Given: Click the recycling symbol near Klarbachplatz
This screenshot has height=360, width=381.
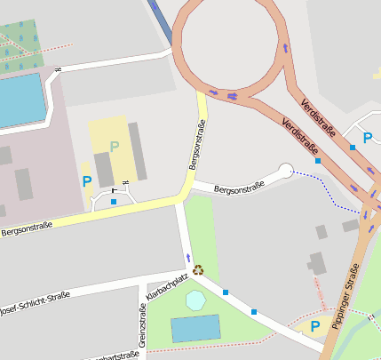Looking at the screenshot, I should [x=199, y=268].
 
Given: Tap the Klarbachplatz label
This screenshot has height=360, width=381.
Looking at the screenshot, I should [x=168, y=289].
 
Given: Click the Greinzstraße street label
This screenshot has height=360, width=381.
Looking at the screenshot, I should [x=142, y=325].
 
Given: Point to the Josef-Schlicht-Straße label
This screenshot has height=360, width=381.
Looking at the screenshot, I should [x=34, y=304].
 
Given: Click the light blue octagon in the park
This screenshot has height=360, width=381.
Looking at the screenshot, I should [x=195, y=300].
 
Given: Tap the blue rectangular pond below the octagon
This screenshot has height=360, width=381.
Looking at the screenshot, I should [x=195, y=328].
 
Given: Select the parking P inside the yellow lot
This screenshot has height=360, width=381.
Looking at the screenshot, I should [x=114, y=146].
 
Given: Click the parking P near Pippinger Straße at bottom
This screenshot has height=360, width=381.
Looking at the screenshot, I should [x=314, y=326].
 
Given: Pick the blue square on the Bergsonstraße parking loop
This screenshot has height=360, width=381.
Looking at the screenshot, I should [x=114, y=202].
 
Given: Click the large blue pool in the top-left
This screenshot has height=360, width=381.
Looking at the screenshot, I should [x=20, y=100].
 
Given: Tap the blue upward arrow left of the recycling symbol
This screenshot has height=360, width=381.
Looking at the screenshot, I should [x=187, y=258].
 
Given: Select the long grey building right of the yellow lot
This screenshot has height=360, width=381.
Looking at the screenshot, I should [x=138, y=151].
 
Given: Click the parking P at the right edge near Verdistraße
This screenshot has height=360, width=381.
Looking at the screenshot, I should [x=368, y=138].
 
